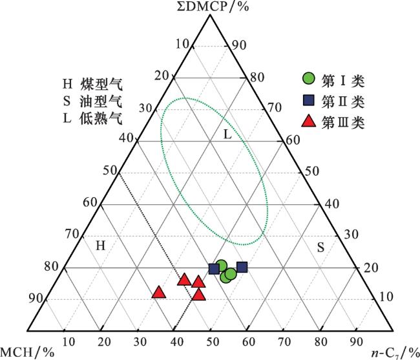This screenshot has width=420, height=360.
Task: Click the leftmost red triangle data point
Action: coord(158,292)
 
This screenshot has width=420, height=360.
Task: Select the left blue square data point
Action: coord(214,269)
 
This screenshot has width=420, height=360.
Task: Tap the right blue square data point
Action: coord(242,267)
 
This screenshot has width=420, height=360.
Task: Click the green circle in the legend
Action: coord(309,78)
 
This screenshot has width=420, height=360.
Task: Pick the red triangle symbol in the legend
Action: coord(309,121)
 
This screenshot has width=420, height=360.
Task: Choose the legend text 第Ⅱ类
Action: coord(343,101)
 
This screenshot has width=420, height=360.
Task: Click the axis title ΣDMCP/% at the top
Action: coord(213,6)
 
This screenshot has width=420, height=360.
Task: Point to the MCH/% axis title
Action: coord(27,352)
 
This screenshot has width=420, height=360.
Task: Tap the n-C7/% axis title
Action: coord(395,353)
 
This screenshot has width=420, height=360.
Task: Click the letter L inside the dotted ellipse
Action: coord(227,134)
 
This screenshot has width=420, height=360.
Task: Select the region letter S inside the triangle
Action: coord(320,248)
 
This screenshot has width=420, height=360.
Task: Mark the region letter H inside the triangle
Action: coord(100,246)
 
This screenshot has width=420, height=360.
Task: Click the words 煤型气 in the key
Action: coord(101,85)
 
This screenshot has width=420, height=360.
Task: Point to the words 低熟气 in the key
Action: coord(101,118)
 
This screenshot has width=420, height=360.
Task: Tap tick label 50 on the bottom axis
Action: coord(213,342)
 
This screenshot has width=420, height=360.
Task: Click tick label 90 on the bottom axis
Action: coord(356,342)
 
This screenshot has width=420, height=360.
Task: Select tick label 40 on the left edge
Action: coord(127,138)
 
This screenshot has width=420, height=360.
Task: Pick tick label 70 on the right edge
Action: coord(275,108)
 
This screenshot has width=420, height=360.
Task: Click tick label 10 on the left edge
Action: coord(182,44)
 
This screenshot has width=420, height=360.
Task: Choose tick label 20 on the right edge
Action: coord(371,268)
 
